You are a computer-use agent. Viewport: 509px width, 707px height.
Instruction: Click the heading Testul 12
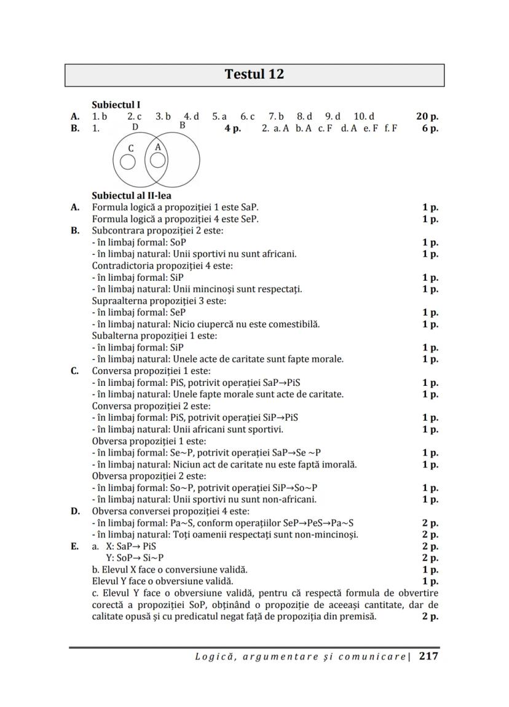[254, 74]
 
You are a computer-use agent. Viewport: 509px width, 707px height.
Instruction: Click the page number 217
[428, 656]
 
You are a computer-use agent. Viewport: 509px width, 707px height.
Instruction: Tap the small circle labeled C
[128, 162]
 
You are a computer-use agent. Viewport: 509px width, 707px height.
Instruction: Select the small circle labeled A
[158, 160]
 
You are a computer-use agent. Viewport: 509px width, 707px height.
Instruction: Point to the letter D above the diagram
[135, 127]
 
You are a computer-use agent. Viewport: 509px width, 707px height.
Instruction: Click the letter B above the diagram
[182, 125]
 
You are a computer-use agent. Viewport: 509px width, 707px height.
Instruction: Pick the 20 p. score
[427, 116]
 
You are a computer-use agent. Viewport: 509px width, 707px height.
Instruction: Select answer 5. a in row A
[219, 116]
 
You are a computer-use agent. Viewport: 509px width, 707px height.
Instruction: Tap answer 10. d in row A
[364, 116]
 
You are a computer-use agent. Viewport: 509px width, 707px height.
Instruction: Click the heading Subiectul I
[116, 105]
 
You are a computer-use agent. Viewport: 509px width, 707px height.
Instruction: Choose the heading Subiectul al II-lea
[132, 196]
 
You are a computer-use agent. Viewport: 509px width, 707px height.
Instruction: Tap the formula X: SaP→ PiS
[131, 546]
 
